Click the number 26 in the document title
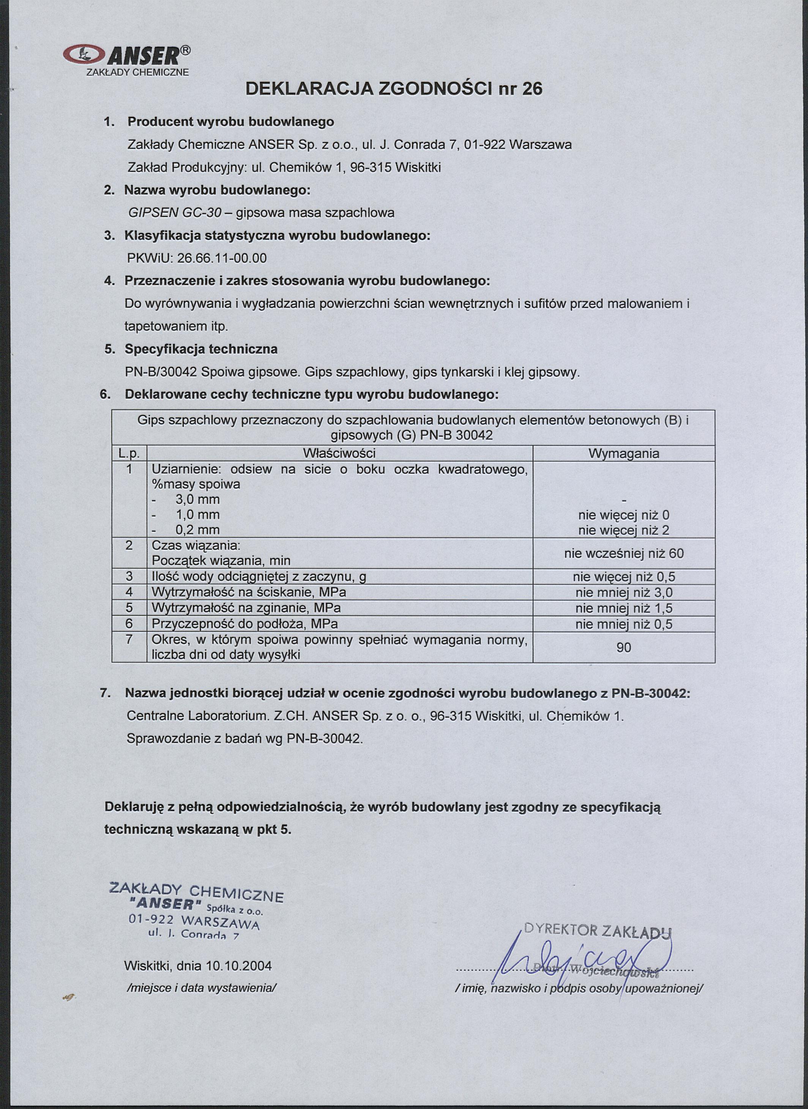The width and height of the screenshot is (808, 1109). (x=532, y=88)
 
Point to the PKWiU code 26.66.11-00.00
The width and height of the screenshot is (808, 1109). (x=222, y=258)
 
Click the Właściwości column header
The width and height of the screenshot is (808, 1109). (x=339, y=453)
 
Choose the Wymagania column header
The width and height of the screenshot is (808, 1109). (x=623, y=453)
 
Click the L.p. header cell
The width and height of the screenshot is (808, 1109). (x=129, y=453)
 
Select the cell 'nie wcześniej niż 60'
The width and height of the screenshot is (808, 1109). (x=623, y=553)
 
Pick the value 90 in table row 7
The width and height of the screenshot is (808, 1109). (x=623, y=648)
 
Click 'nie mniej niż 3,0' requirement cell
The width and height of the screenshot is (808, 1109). (x=623, y=592)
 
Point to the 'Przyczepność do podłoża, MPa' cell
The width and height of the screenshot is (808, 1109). (x=245, y=624)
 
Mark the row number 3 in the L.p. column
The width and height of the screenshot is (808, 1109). (x=129, y=577)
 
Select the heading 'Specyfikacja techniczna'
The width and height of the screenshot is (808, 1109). (x=201, y=349)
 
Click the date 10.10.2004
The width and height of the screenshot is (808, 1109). (x=239, y=966)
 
